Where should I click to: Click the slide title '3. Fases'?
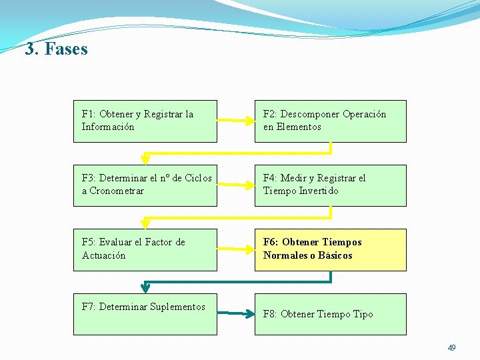(x=57, y=49)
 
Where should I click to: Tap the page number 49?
(x=451, y=348)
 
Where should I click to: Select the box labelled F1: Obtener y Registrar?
(x=145, y=121)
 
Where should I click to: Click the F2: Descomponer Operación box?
(x=330, y=121)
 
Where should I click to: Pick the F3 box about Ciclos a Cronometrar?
(x=145, y=185)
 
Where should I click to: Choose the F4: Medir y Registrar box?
(x=330, y=185)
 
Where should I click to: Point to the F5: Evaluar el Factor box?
(x=145, y=250)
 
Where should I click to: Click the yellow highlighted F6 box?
(x=330, y=250)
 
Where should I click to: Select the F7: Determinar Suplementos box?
(x=145, y=314)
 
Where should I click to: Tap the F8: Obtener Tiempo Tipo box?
(x=330, y=314)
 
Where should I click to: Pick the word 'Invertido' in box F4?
(x=319, y=191)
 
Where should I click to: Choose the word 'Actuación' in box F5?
(x=103, y=255)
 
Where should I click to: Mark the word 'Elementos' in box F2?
(x=299, y=127)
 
